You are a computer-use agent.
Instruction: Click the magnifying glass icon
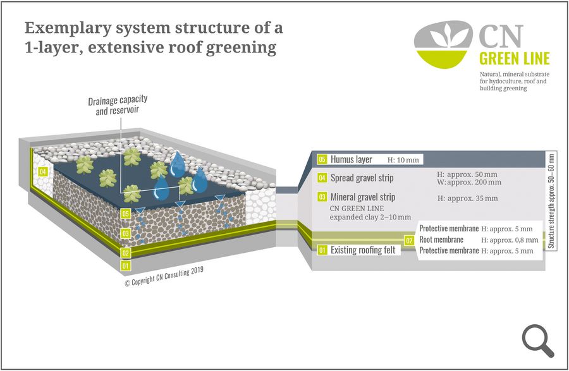coord(538,339)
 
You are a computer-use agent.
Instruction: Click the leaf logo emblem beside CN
coord(443,45)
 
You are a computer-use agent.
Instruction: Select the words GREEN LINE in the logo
coord(514,59)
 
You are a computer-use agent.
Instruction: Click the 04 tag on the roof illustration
coord(43,171)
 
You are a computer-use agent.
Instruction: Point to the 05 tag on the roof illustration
coord(126,214)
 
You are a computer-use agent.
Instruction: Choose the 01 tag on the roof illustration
coord(126,265)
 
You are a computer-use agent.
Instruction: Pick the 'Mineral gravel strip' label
coord(362,198)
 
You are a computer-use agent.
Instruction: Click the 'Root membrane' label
coord(441,240)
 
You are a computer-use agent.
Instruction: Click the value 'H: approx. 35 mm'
coord(467,198)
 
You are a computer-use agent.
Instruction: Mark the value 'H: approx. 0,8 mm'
coord(510,240)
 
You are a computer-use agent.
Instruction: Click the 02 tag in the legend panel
coord(410,240)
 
